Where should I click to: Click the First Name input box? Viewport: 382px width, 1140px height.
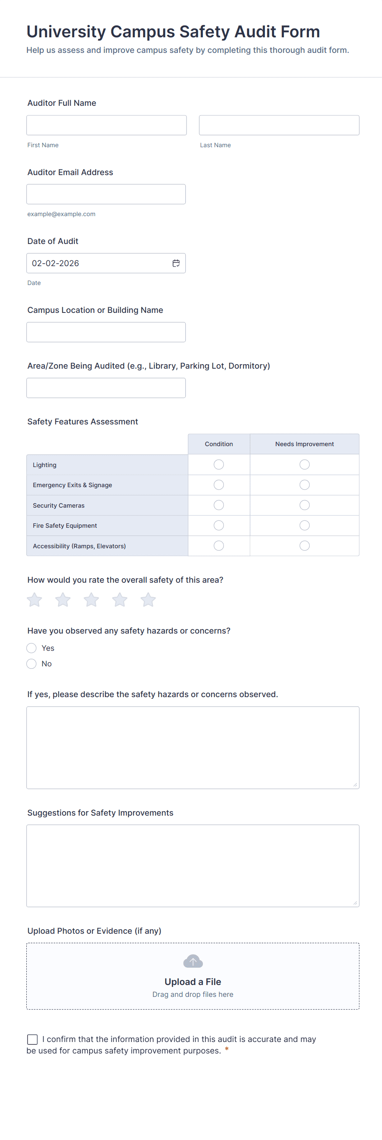tap(106, 125)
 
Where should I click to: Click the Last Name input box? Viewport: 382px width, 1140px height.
tap(279, 125)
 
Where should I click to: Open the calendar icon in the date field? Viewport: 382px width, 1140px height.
tap(176, 263)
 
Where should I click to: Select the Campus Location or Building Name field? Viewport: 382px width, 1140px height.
tap(106, 332)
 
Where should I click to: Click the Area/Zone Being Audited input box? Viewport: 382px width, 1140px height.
tap(106, 388)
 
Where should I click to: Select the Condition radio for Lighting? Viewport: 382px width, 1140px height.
tap(219, 464)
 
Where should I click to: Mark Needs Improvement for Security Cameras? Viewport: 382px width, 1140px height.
tap(304, 505)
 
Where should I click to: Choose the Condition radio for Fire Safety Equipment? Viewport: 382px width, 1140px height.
tap(219, 525)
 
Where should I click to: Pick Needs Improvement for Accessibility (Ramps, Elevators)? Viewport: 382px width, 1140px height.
tap(304, 546)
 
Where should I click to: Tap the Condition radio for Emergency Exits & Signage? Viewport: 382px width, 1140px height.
tap(219, 485)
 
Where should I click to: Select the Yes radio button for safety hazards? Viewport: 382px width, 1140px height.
tap(32, 648)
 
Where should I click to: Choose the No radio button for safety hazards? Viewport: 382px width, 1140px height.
tap(32, 663)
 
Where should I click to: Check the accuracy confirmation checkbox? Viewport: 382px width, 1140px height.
tap(32, 1039)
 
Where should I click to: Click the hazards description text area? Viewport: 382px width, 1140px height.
tap(193, 748)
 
